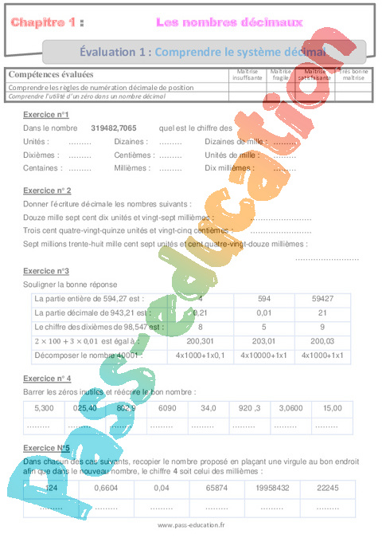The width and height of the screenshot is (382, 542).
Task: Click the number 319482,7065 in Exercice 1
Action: click(114, 128)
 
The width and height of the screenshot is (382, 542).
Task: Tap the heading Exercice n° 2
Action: click(47, 191)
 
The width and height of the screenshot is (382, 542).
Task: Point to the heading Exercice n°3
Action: click(45, 271)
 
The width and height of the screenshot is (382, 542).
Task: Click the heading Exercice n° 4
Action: click(47, 378)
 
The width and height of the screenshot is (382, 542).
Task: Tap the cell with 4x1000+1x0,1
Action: click(199, 355)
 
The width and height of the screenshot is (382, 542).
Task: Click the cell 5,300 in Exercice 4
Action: click(45, 408)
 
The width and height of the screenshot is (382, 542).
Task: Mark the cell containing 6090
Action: click(166, 408)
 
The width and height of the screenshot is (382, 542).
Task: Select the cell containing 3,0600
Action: click(291, 408)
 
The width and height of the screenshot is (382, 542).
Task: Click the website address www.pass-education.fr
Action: click(191, 525)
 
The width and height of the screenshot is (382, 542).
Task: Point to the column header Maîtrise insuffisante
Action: click(248, 76)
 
